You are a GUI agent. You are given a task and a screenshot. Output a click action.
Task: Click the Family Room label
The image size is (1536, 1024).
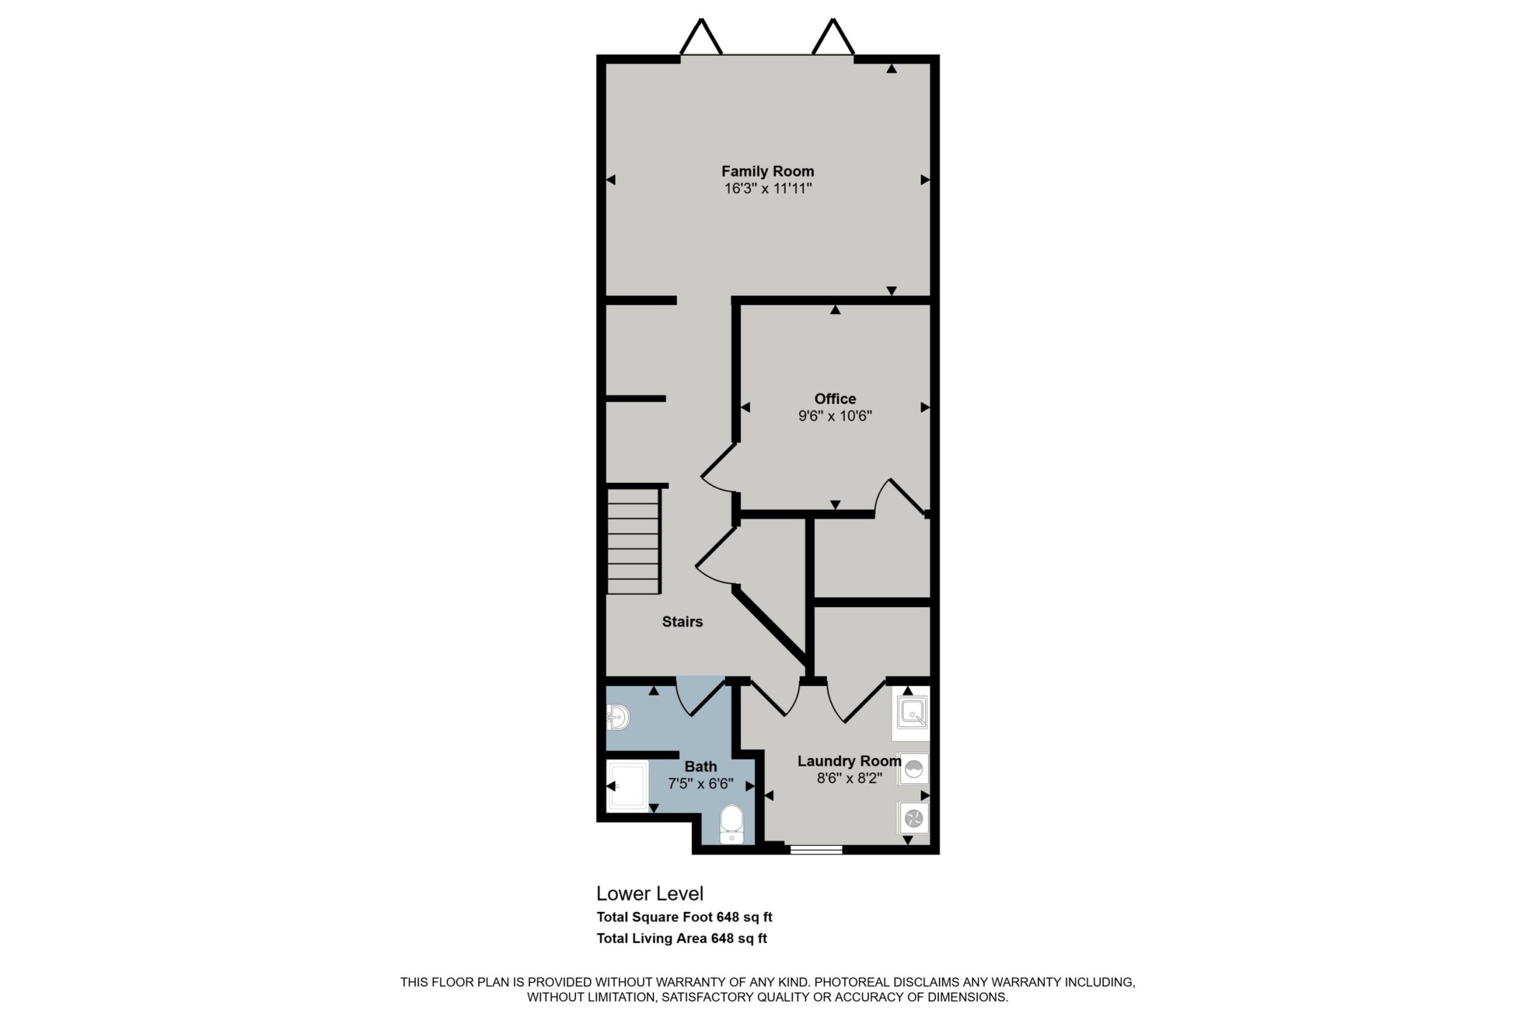[x=767, y=171]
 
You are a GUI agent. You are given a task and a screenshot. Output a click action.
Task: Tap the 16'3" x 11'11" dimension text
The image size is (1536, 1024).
[x=767, y=189]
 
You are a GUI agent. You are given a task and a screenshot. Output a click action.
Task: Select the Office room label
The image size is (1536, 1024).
[x=835, y=398]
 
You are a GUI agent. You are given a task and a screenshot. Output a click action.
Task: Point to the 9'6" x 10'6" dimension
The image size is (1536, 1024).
[x=835, y=416]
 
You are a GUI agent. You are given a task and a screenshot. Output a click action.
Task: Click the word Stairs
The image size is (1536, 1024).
[x=682, y=621]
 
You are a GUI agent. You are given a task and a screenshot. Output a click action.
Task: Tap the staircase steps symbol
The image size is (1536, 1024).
[x=634, y=540]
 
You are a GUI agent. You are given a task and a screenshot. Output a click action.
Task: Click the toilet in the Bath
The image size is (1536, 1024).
[x=731, y=825]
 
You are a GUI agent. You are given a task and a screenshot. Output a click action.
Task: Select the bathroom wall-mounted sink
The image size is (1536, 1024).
[x=617, y=717]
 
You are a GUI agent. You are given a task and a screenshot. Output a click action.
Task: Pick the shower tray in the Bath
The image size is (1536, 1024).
[x=627, y=786]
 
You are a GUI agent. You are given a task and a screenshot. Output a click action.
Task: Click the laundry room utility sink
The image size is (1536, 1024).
[x=911, y=713]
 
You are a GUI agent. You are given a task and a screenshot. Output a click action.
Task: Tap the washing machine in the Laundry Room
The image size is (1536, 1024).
[x=913, y=769]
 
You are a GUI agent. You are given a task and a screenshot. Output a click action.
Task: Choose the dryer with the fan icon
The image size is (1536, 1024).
[x=913, y=818]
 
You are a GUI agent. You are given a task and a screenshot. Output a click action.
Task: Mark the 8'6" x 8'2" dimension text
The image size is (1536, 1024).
[x=849, y=779]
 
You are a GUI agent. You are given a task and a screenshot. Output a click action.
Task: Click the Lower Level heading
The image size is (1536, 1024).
[x=650, y=893]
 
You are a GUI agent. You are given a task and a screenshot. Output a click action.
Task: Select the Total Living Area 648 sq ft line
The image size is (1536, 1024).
[x=682, y=938]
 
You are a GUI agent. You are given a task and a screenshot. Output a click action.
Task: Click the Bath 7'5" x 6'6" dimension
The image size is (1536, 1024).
[x=701, y=783]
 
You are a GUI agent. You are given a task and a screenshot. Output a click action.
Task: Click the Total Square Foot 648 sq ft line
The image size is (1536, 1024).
[x=685, y=917]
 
